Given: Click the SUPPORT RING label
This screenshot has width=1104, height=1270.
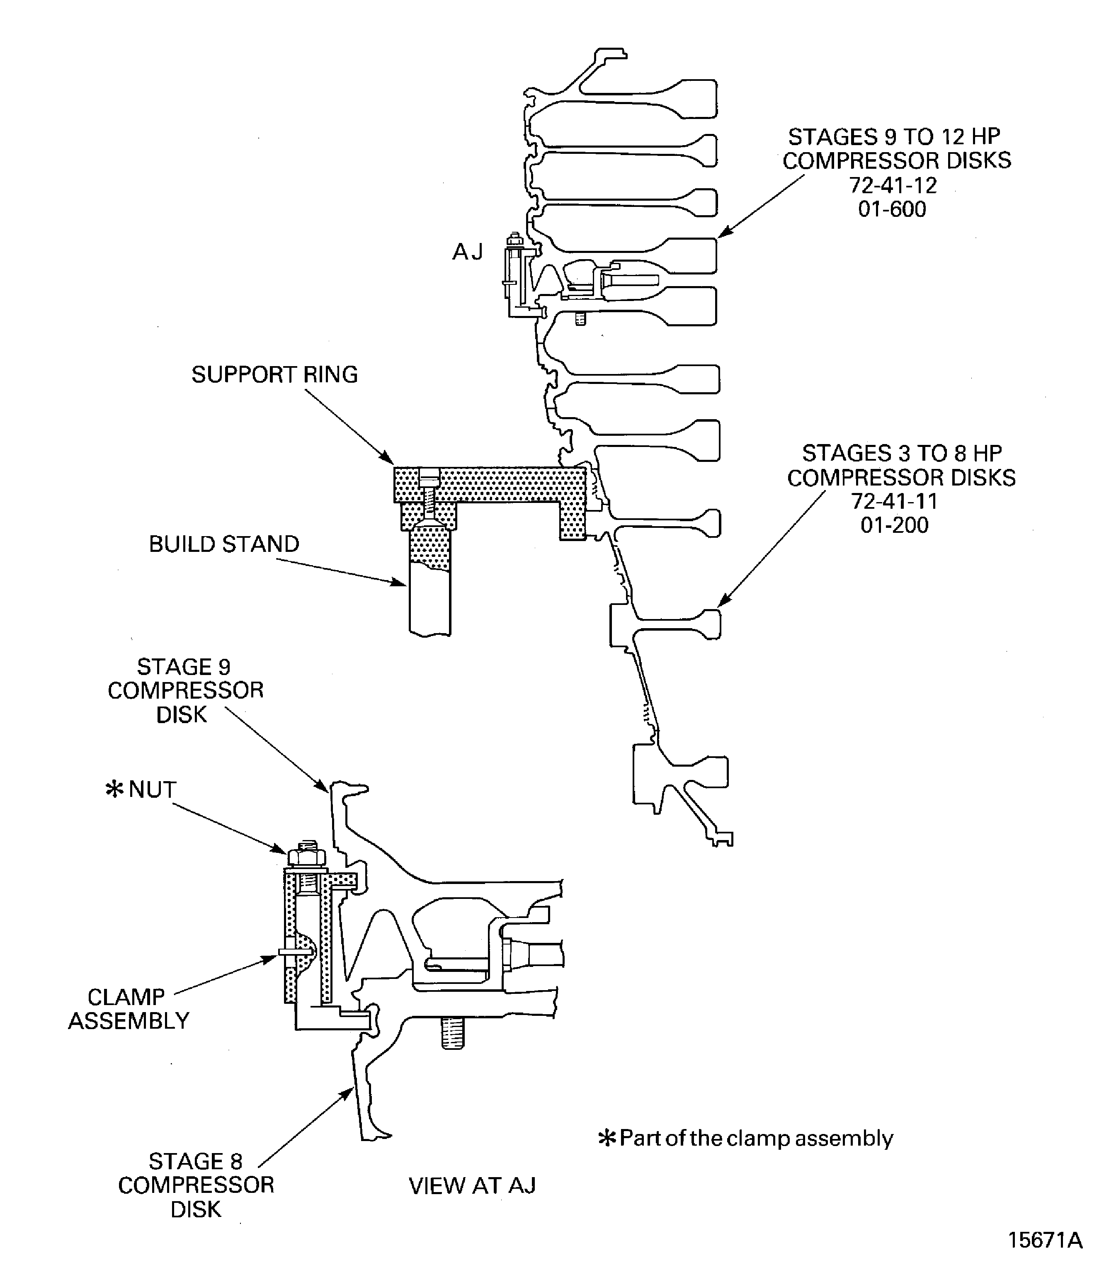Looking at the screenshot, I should click(274, 375).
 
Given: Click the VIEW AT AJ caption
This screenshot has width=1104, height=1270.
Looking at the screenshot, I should click(472, 1185).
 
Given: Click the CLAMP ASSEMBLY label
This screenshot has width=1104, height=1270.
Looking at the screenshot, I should click(128, 1009).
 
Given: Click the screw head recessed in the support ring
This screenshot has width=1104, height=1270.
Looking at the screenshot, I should click(427, 476).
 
